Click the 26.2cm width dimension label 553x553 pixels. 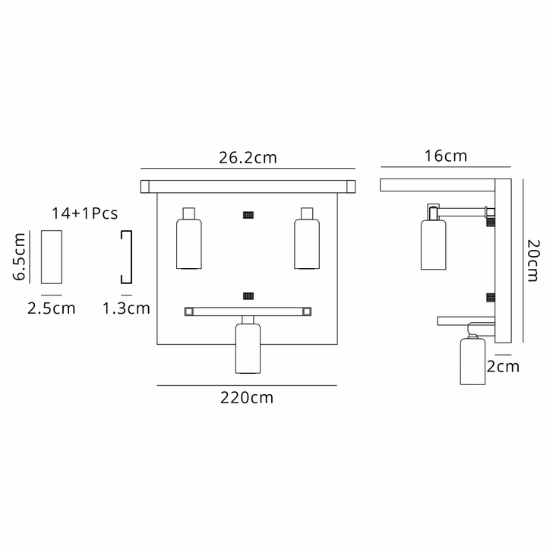coord(248,158)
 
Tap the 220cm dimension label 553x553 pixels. coord(247,397)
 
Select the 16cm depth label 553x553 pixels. coord(446,157)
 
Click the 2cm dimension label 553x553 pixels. coord(503,367)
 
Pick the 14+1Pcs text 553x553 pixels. coord(84,213)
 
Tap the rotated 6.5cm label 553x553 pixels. coord(20,258)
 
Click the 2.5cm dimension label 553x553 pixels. coord(52,308)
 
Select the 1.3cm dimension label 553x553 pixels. coord(126,308)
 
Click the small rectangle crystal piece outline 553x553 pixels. coord(52,256)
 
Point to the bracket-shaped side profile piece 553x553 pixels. coord(127,256)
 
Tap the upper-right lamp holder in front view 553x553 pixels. coord(306,239)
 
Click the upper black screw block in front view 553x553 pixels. coord(248,215)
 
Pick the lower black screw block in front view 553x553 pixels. coord(248,295)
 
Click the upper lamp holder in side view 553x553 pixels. coord(433,239)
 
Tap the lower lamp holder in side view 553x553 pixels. coord(472,360)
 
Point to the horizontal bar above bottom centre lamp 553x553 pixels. coord(248,311)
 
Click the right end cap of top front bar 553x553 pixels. coord(349,185)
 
